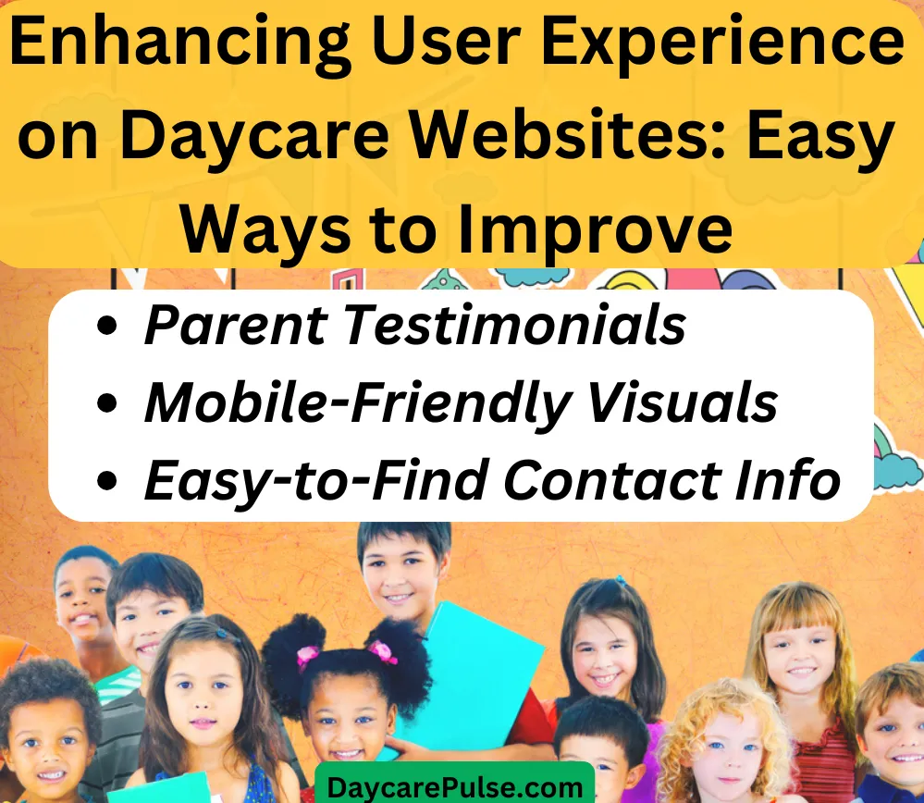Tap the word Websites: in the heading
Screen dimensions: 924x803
pos(567,137)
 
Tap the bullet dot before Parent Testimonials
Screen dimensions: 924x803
pos(106,326)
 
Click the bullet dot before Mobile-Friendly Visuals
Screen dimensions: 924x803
pos(106,403)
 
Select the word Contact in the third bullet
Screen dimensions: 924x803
pos(613,480)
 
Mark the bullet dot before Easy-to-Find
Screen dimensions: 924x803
pos(106,481)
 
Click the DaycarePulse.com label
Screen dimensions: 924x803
pos(454,787)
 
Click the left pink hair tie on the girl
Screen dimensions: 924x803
pos(307,655)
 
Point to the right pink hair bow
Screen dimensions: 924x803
pos(383,651)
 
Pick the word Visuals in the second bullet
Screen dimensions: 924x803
pos(683,402)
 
